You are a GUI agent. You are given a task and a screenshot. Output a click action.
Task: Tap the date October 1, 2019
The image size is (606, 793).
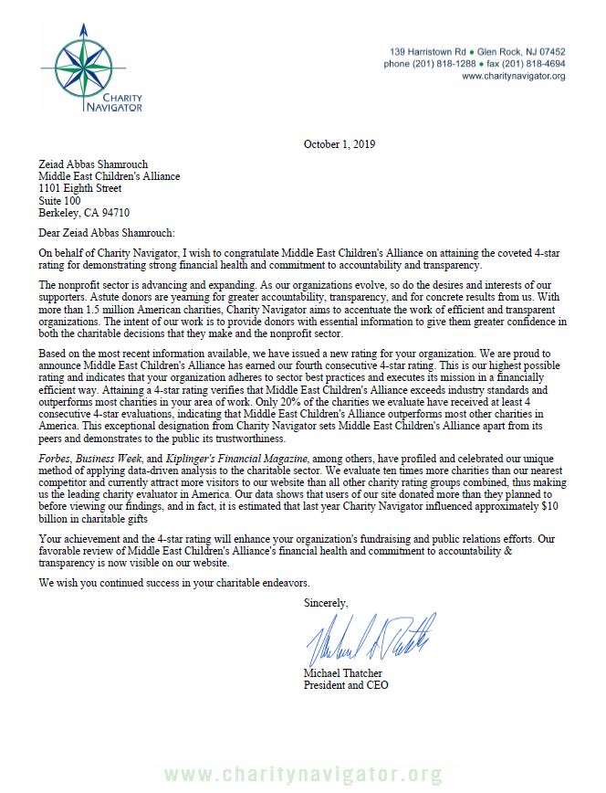point(339,144)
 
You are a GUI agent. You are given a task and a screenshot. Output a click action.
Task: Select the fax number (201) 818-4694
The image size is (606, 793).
point(533,64)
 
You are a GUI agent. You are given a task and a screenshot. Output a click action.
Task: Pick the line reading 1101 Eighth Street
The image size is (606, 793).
point(80,188)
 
